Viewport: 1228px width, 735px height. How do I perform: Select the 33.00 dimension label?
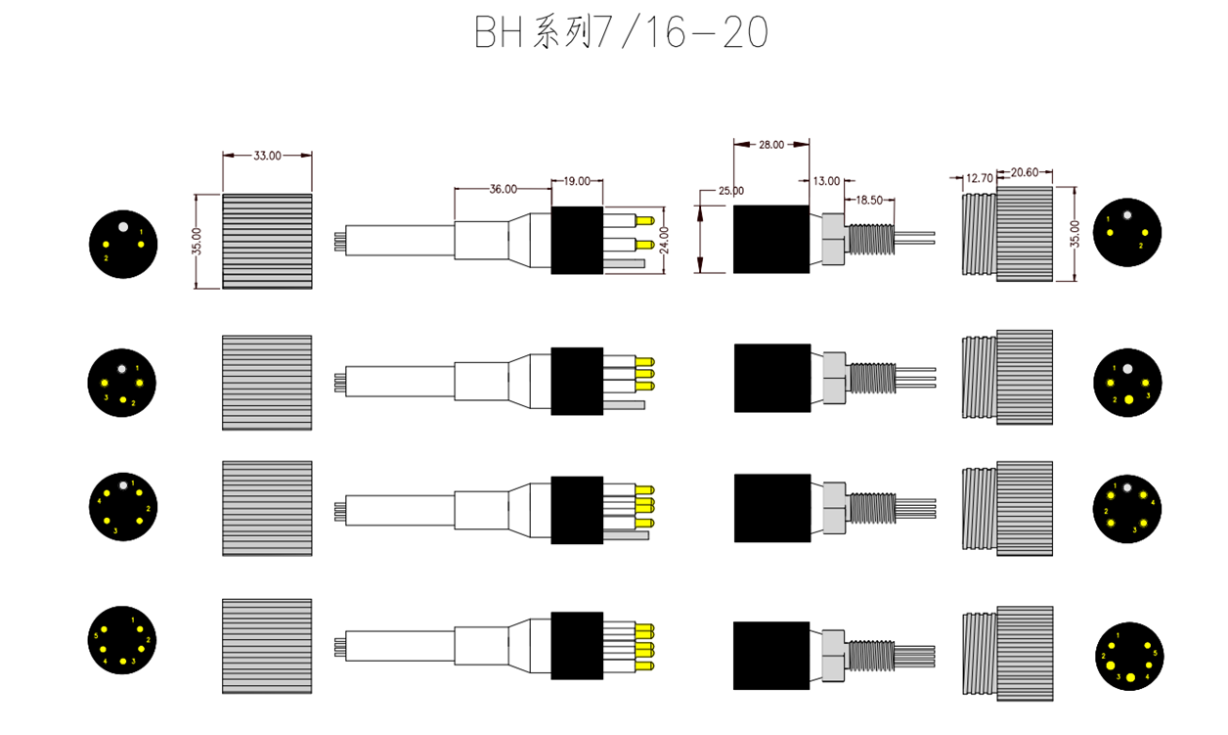[267, 156]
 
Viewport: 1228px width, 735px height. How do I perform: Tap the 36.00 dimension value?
[503, 189]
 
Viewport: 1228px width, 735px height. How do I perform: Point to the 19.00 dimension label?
[576, 181]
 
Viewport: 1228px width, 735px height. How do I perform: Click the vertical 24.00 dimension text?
[665, 240]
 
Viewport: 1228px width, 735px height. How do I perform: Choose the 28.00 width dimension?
[770, 145]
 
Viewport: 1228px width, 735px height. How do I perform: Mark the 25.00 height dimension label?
[729, 191]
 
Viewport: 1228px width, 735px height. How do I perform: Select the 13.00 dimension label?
[826, 181]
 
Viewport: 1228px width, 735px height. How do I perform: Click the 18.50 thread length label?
[869, 200]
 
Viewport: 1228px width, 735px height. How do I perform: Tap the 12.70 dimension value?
[979, 178]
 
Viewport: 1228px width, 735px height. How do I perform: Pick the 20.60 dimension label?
[1025, 172]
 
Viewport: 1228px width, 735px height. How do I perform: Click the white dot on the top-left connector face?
[123, 226]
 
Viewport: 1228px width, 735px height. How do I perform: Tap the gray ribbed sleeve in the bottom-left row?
[267, 645]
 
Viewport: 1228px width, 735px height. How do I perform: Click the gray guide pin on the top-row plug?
[624, 264]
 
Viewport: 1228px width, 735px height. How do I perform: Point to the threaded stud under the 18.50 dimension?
[870, 238]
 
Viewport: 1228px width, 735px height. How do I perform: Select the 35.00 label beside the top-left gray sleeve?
[197, 242]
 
